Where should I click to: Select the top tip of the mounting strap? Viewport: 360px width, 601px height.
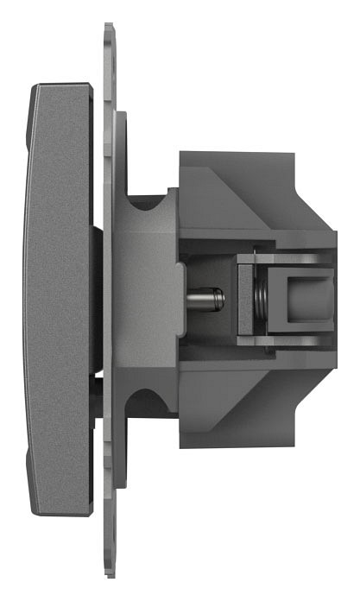pos(109,29)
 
